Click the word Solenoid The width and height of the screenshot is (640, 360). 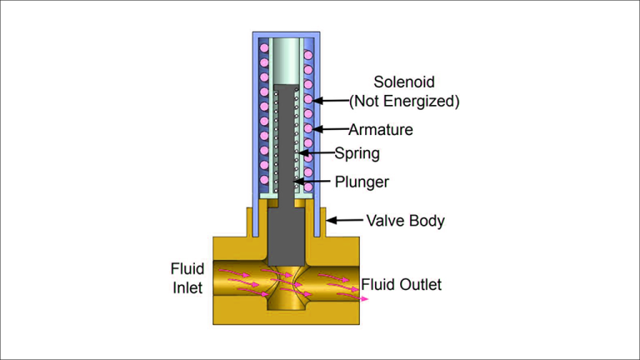pyautogui.click(x=404, y=82)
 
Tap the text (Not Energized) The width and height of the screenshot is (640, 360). pyautogui.click(x=404, y=101)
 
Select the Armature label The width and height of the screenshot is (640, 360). pyautogui.click(x=381, y=130)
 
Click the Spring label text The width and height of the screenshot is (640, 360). pyautogui.click(x=357, y=153)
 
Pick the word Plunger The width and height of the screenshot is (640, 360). pyautogui.click(x=362, y=182)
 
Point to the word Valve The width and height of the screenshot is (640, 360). pyautogui.click(x=386, y=220)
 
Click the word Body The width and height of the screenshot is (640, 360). pyautogui.click(x=427, y=221)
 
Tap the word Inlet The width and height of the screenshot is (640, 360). pyautogui.click(x=187, y=287)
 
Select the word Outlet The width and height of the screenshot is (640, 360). pyautogui.click(x=421, y=284)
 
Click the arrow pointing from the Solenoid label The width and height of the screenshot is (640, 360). pyautogui.click(x=331, y=100)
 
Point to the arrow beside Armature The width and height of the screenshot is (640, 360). pyautogui.click(x=331, y=129)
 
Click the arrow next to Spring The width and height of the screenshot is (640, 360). pyautogui.click(x=317, y=153)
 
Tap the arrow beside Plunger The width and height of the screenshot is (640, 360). pyautogui.click(x=312, y=181)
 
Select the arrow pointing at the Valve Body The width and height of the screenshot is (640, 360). pyautogui.click(x=344, y=220)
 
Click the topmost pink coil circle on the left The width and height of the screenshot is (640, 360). pyautogui.click(x=264, y=48)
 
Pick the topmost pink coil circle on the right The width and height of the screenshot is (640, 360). pyautogui.click(x=308, y=55)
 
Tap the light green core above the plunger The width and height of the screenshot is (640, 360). pyautogui.click(x=286, y=61)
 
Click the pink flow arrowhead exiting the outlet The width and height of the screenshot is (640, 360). pyautogui.click(x=364, y=299)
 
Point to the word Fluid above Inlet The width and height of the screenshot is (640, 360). pyautogui.click(x=187, y=269)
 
